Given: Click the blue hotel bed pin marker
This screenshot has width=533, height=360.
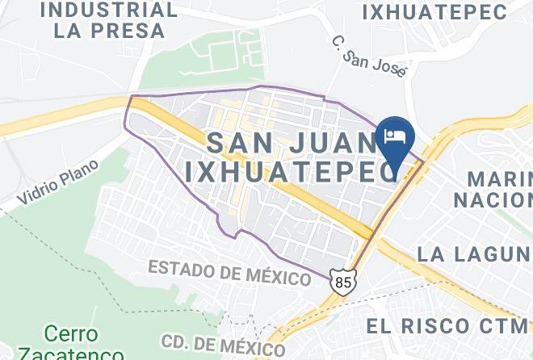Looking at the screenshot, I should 395,136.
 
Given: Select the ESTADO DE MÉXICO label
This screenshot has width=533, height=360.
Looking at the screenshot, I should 230,272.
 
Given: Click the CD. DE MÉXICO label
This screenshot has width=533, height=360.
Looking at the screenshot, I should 223,345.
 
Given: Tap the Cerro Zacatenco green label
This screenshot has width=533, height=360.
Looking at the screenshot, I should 70,344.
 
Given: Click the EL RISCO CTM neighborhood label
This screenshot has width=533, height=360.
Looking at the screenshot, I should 447,325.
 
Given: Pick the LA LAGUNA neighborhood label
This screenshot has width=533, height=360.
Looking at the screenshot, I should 474,253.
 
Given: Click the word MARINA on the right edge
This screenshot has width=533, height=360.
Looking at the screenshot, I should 501,178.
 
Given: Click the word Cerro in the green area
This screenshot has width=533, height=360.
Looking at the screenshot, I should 71,333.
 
